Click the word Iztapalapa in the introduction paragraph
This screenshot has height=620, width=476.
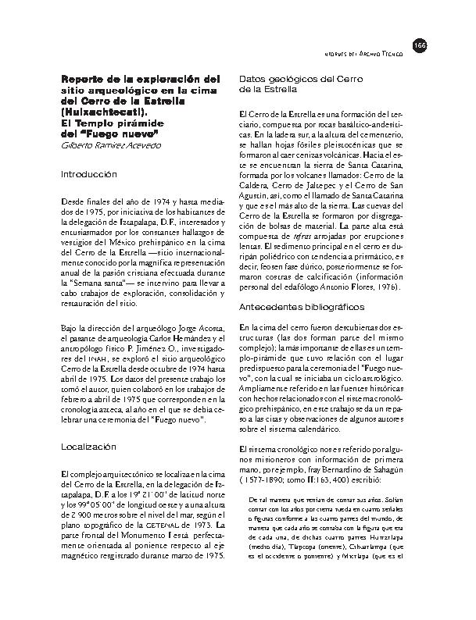(137, 221)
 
